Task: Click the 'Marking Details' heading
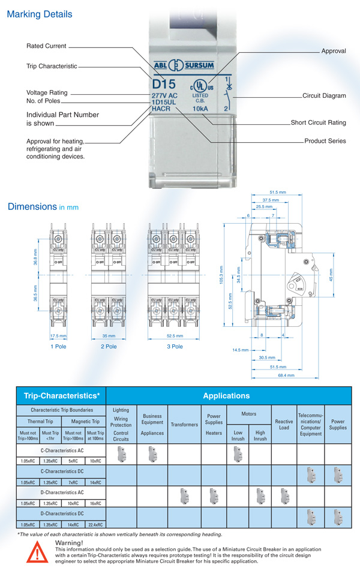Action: [x=39, y=14]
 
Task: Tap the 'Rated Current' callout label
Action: [x=46, y=46]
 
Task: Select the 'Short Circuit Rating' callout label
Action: [x=318, y=123]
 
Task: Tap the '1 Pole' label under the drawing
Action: [x=58, y=346]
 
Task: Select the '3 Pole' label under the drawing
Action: [x=175, y=346]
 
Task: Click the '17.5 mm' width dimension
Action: [x=58, y=336]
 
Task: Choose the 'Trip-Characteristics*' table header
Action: [x=61, y=396]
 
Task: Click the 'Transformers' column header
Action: [x=184, y=424]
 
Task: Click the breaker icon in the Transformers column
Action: [x=184, y=495]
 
